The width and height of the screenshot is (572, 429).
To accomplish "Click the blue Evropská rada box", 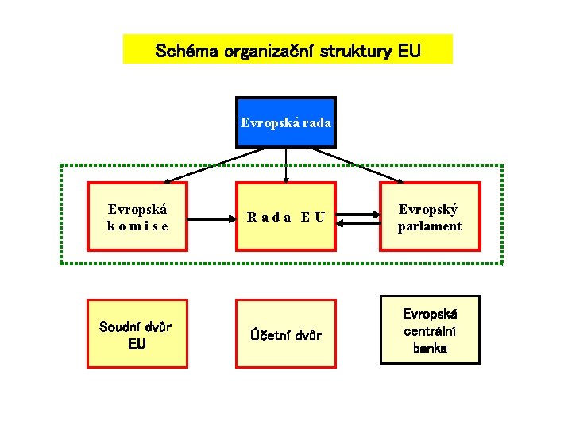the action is (x=286, y=122).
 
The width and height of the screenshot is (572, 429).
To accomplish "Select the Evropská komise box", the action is (x=137, y=217).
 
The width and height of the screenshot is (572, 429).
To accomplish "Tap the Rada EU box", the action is (x=286, y=217).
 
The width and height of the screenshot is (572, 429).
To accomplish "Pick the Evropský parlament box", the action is (x=430, y=217).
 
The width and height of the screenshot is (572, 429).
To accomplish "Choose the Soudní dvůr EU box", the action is (x=137, y=334).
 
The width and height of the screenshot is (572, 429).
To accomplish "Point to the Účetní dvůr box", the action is (x=286, y=334).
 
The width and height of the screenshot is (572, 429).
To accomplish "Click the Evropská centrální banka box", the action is (x=430, y=330).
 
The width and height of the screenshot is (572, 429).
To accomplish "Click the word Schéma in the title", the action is (x=187, y=52).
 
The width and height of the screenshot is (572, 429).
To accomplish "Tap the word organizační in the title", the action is (x=269, y=52).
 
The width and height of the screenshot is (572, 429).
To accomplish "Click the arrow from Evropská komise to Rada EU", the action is (x=211, y=217).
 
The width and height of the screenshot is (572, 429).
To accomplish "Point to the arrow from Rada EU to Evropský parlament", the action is (x=358, y=213).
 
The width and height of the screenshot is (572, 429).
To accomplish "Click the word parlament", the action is (x=430, y=226).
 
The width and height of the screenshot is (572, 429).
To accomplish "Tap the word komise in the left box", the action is (x=137, y=226).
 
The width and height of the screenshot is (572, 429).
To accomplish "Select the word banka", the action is (x=430, y=348).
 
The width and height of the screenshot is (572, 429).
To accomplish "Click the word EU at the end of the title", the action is (x=409, y=52).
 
